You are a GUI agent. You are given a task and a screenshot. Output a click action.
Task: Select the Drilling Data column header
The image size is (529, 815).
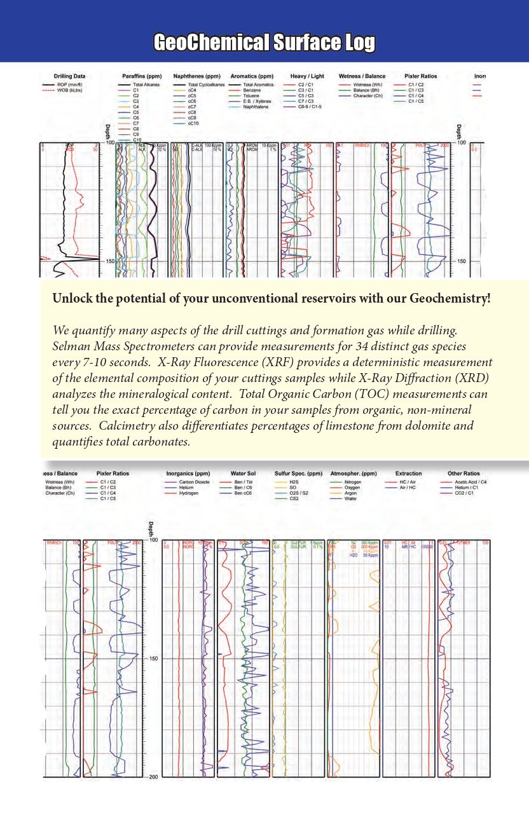click(x=69, y=76)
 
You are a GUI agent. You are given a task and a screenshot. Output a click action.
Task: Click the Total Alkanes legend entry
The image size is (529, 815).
click(x=146, y=85)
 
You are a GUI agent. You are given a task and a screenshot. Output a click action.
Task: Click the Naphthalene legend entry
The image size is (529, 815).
click(x=256, y=107)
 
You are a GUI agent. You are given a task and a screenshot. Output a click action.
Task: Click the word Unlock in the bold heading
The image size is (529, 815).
click(x=70, y=299)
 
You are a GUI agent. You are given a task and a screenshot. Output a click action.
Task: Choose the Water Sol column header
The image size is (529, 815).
click(x=242, y=474)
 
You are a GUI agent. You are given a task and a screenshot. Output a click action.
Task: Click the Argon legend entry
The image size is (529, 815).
click(x=350, y=493)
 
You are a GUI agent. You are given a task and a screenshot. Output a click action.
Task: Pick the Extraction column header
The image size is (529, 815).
click(x=408, y=474)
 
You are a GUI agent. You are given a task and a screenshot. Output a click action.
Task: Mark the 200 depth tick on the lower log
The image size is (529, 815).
click(x=153, y=777)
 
